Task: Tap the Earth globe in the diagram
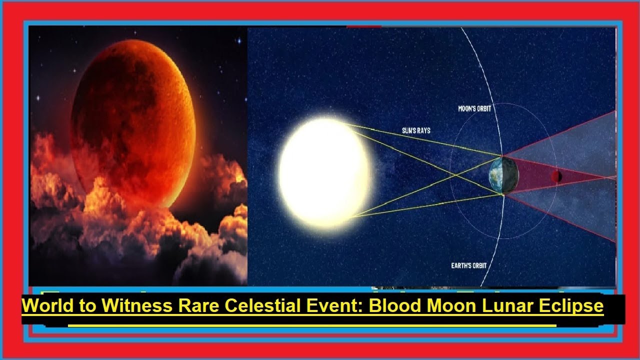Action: click(x=503, y=175)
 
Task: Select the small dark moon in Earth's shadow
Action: click(x=556, y=176)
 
